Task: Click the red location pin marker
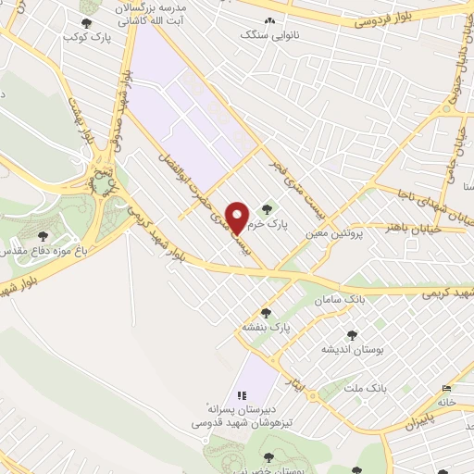tap(239, 217)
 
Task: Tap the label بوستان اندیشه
tap(346, 349)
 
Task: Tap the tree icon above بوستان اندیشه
tap(351, 334)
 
